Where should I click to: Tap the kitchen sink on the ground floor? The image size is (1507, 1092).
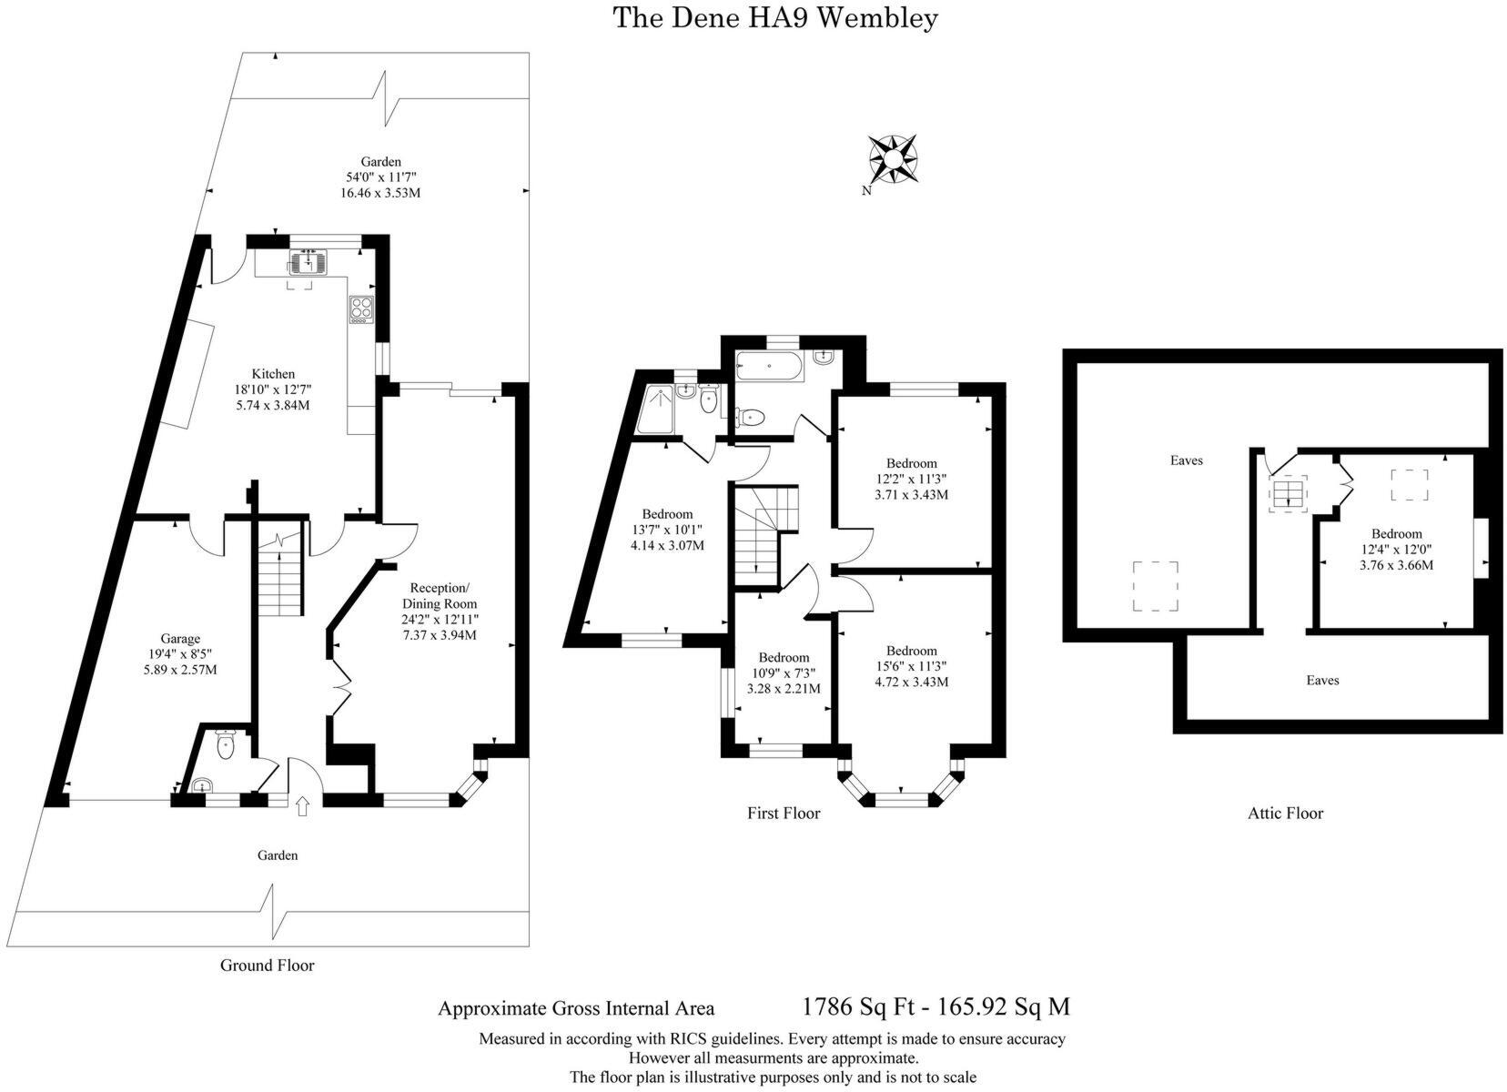click(x=308, y=261)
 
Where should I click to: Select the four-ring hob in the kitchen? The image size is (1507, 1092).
click(x=361, y=309)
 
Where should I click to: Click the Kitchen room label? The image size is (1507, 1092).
click(x=273, y=374)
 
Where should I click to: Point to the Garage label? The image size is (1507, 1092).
click(x=180, y=639)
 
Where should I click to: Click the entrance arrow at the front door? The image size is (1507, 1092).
click(x=303, y=805)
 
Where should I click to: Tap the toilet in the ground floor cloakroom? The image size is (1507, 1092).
click(x=226, y=745)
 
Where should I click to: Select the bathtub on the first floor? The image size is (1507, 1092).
click(x=768, y=365)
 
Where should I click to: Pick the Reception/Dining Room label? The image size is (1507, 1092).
click(x=440, y=595)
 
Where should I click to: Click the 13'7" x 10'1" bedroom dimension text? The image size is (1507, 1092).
click(x=667, y=530)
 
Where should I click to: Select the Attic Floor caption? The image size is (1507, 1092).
click(x=1285, y=814)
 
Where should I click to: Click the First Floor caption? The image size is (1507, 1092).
click(x=784, y=814)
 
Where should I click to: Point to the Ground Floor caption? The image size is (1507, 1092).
click(x=267, y=966)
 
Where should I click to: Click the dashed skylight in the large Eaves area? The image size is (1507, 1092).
click(x=1155, y=586)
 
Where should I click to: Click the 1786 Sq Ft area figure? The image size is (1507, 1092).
click(x=858, y=1006)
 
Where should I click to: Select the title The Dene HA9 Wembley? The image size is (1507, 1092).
click(x=775, y=18)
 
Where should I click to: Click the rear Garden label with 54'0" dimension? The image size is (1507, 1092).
click(x=380, y=177)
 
